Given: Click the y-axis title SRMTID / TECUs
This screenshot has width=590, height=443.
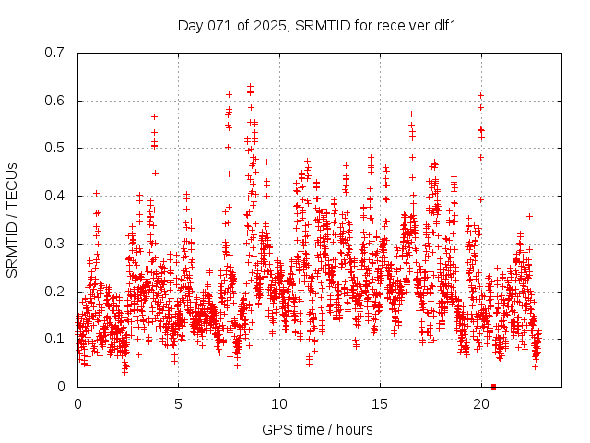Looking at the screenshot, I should tap(12, 220).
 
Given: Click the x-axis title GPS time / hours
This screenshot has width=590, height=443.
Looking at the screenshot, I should tap(318, 429).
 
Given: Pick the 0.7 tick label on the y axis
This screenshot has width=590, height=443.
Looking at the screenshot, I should tap(57, 53).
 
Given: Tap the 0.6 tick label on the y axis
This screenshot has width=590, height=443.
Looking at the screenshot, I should tap(57, 101).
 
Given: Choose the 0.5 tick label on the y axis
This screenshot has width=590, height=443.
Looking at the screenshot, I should tap(57, 148).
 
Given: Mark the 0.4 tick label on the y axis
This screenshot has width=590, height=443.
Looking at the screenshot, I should tap(57, 196).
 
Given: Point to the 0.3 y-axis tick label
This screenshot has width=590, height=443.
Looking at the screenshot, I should tap(57, 244).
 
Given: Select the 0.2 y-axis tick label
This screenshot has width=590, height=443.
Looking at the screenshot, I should tap(57, 292).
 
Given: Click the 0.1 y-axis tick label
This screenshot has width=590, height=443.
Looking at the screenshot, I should tap(57, 339).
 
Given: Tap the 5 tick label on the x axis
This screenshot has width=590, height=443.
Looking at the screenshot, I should tap(179, 404).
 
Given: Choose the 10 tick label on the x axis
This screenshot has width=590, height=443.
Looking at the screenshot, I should tap(279, 404).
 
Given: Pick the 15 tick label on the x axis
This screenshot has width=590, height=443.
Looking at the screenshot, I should tap(380, 404).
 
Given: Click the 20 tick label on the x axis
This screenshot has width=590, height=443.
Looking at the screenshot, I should tap(480, 404).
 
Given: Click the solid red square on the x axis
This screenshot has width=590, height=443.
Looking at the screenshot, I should tap(494, 387).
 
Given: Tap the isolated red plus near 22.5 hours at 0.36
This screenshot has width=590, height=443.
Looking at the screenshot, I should tap(529, 216).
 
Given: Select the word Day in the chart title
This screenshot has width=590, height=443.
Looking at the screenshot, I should tap(190, 25).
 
